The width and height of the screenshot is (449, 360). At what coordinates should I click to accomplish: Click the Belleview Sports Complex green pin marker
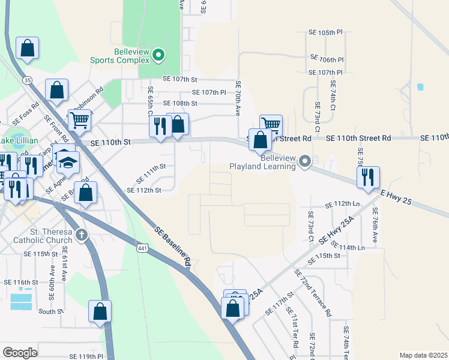coord(158,56)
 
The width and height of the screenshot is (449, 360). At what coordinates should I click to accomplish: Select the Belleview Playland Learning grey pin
coord(306,161)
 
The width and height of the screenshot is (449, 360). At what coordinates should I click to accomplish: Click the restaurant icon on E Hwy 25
coord(368,177)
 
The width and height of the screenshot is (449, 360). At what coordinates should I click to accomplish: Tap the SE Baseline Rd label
coord(172,246)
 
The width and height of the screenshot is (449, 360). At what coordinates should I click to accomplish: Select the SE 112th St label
coord(144,190)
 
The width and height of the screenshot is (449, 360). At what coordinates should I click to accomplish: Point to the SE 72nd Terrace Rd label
coord(313,292)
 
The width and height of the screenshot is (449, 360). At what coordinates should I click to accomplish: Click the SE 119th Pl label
coord(86,356)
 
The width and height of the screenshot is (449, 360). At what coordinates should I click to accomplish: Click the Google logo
coord(20,353)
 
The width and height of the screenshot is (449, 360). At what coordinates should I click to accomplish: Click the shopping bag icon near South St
coord(100,311)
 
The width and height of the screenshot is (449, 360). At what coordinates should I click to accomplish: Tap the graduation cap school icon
coord(68,162)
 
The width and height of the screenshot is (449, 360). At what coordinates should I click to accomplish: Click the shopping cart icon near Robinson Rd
coord(79,120)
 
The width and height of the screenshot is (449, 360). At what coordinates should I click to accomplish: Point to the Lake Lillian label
coord(19,140)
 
